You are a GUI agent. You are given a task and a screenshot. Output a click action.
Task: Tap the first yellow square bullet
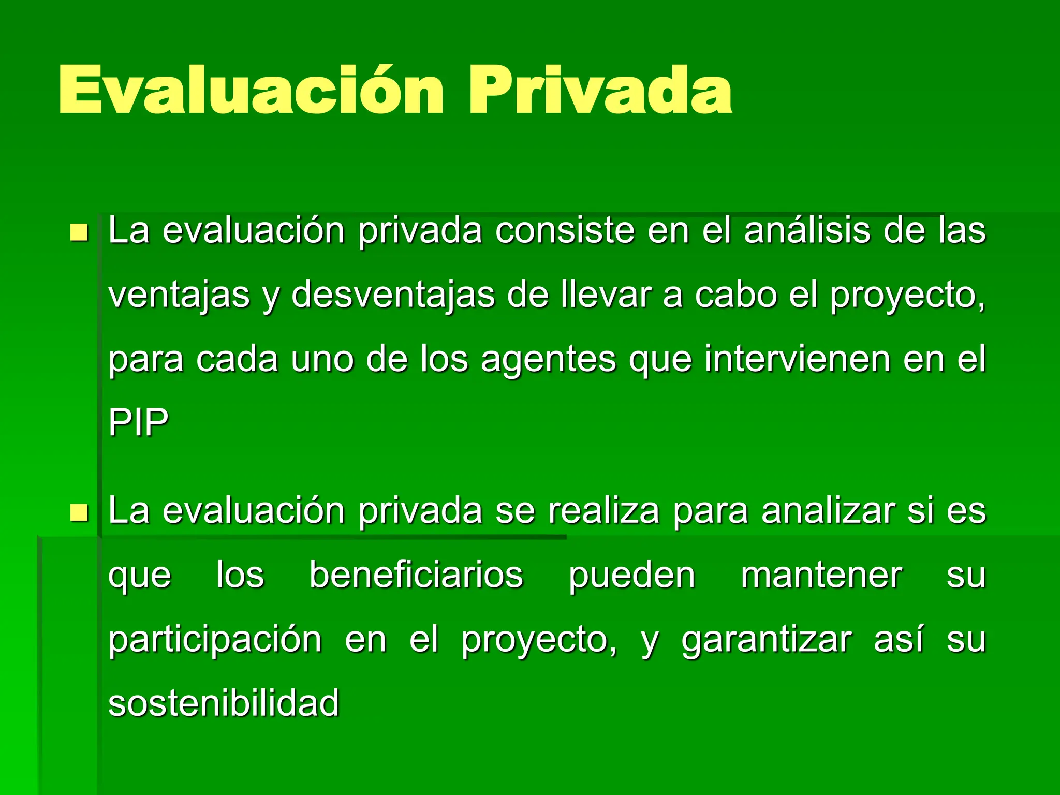coord(79,232)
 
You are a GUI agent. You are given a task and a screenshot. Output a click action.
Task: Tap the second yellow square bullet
coord(79,513)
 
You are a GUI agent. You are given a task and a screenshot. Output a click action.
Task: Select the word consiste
coord(564,231)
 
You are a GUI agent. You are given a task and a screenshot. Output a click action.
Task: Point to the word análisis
coord(807,231)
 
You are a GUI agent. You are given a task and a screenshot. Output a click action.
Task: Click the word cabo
coord(735,295)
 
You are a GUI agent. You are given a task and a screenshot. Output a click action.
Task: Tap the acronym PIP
coord(139,423)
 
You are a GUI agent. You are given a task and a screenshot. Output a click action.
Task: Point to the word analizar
coord(828,511)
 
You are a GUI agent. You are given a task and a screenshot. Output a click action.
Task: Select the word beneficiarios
coord(416,576)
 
